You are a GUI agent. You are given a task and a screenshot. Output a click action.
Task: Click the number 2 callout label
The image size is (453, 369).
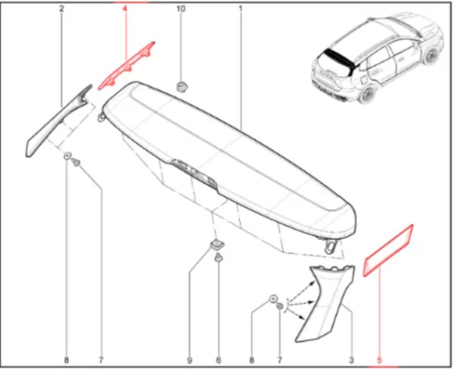(62, 8)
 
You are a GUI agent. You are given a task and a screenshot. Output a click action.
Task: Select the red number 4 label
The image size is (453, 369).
(125, 8)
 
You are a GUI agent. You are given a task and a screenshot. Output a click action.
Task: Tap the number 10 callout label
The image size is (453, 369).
(180, 8)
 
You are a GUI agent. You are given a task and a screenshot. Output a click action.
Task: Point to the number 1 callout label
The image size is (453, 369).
(240, 8)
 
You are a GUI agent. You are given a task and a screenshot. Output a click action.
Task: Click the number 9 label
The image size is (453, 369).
(190, 361)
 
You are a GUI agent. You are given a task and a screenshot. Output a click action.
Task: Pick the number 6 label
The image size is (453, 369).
(218, 361)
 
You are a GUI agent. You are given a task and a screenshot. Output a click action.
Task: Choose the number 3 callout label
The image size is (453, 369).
(351, 361)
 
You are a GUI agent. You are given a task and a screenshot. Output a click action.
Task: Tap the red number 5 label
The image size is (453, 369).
(379, 361)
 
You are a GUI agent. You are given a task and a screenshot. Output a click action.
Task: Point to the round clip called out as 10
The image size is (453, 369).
(181, 87)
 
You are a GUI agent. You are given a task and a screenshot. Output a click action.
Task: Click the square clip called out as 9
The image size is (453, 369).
(217, 245)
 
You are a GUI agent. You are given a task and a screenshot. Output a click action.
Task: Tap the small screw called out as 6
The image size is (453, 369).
(218, 257)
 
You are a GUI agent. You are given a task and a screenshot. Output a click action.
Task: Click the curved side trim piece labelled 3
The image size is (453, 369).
(324, 303)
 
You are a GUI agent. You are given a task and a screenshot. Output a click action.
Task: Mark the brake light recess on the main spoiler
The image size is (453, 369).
(194, 174)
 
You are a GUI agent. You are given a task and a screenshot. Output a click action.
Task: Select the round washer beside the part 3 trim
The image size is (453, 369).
(273, 299)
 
